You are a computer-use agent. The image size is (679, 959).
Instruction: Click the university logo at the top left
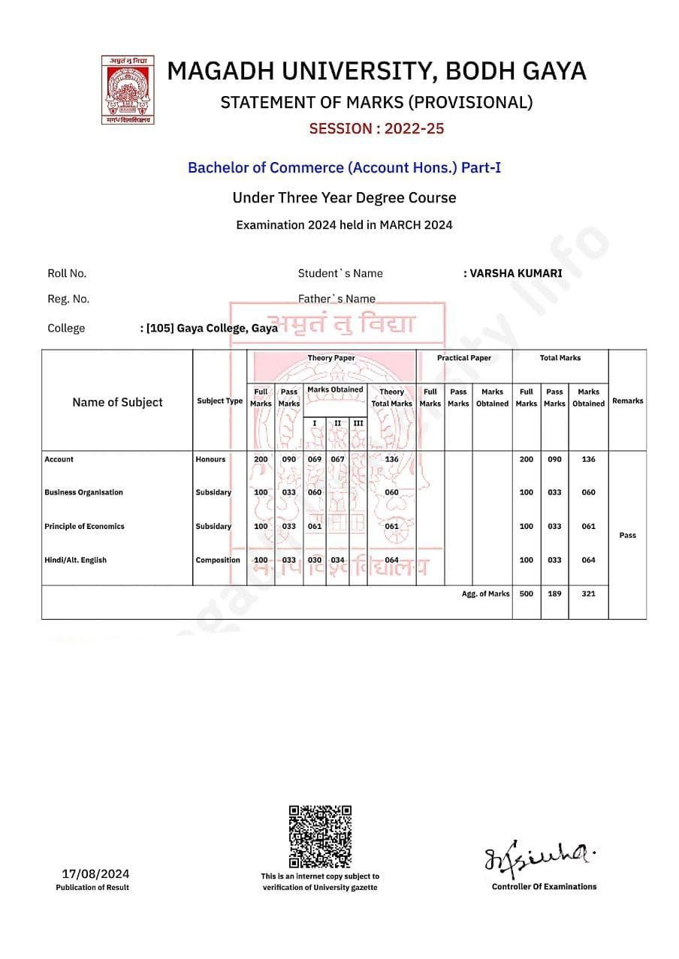[x=127, y=89]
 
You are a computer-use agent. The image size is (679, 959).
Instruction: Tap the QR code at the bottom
[x=320, y=836]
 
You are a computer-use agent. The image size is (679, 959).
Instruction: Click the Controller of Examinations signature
[x=542, y=858]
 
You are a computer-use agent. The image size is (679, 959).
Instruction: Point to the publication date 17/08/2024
[x=95, y=873]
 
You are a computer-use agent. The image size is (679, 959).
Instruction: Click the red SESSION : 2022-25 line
[x=376, y=128]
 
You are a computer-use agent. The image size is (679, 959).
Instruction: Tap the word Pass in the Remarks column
[x=627, y=535]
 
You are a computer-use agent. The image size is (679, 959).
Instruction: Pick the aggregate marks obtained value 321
[x=588, y=594]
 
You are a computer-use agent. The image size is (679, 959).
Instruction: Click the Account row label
[x=59, y=459]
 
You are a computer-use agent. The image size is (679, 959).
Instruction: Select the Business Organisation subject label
[x=83, y=492]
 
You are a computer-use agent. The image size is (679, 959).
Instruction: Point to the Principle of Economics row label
[x=84, y=526]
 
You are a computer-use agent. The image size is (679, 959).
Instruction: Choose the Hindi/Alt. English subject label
[x=75, y=560]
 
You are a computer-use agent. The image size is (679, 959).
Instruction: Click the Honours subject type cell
[x=210, y=459]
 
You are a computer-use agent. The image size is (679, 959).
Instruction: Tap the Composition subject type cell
[x=218, y=560]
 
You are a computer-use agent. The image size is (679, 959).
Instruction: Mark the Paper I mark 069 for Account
[x=315, y=459]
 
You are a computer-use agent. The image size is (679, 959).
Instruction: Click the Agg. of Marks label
[x=485, y=594]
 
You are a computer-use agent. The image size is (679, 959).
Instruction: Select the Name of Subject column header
[x=117, y=402]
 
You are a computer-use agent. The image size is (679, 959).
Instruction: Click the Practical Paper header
[x=464, y=358]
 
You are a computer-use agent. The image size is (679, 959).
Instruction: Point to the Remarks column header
[x=627, y=401]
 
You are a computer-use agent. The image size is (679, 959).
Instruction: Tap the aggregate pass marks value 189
[x=554, y=594]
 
